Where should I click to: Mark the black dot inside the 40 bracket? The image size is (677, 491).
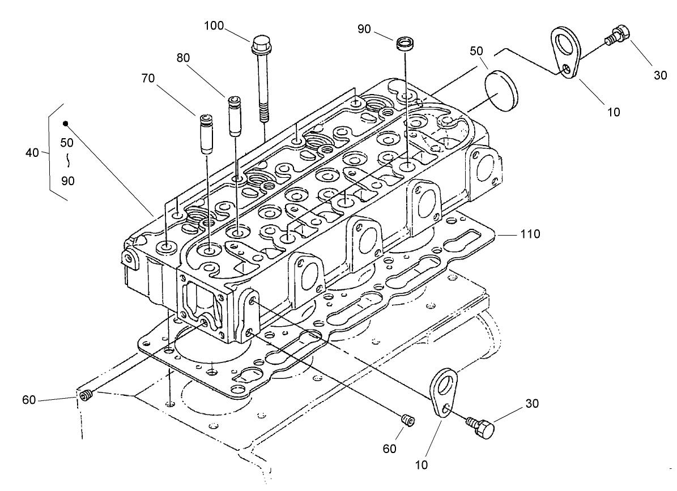66,123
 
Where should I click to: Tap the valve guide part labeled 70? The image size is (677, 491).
205,134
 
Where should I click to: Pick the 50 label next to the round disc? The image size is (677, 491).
477,52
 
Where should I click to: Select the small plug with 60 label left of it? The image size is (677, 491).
86,396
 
